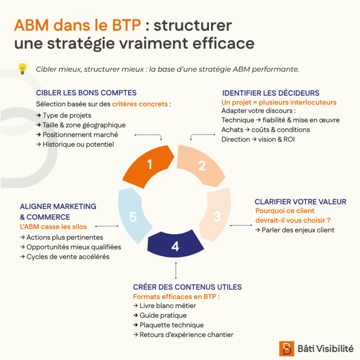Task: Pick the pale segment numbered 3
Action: pos(216,216)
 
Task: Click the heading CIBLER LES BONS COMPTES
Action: pos(86,93)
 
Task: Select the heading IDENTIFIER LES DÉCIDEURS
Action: pos(270,93)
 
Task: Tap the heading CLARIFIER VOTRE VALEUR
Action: pos(300,202)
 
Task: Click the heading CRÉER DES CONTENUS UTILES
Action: pos(187,287)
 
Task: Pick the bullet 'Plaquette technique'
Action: pos(168,325)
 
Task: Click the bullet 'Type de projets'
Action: pos(64,115)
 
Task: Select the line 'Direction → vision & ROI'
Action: pos(258,139)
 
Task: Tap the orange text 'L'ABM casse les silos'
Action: pos(53,227)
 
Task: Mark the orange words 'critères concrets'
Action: pos(140,104)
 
